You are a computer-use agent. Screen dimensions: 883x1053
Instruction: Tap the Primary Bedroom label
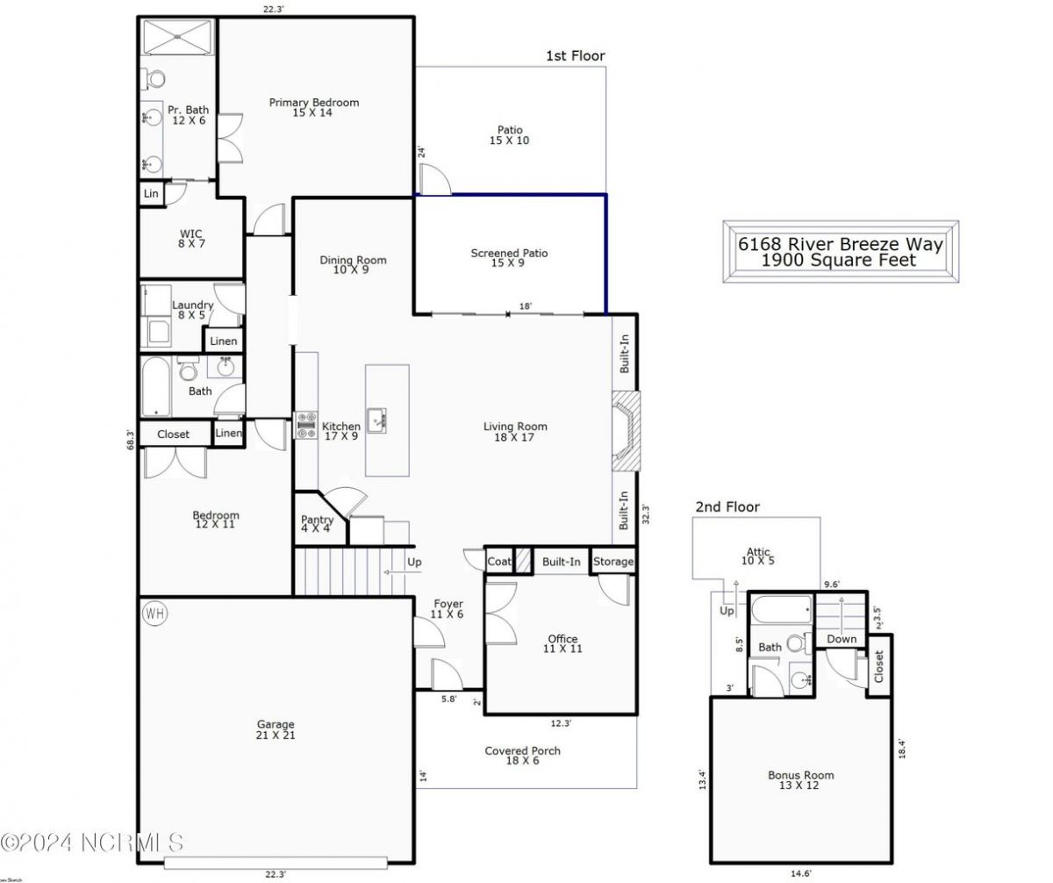tap(313, 103)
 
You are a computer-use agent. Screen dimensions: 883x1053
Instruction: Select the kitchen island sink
tap(378, 419)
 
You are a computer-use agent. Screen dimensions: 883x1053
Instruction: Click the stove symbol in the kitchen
tap(305, 426)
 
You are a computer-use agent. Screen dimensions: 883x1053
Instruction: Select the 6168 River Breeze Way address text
tap(840, 244)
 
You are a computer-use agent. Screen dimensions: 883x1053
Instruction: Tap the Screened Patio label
tap(509, 253)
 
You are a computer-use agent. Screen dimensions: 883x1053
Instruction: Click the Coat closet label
tap(498, 562)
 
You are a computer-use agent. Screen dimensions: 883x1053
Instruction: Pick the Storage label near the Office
tap(612, 562)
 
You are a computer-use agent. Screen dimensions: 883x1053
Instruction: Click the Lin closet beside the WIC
tap(151, 193)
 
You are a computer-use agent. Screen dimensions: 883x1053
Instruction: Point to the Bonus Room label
tap(800, 775)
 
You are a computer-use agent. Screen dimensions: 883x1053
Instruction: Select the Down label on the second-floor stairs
tap(841, 639)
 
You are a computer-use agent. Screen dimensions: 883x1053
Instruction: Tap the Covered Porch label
tap(522, 750)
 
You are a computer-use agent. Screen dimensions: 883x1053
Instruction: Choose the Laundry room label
tap(192, 305)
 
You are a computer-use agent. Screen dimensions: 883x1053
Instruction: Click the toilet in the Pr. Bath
tap(155, 79)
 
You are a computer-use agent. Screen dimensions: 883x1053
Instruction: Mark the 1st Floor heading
tap(575, 56)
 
